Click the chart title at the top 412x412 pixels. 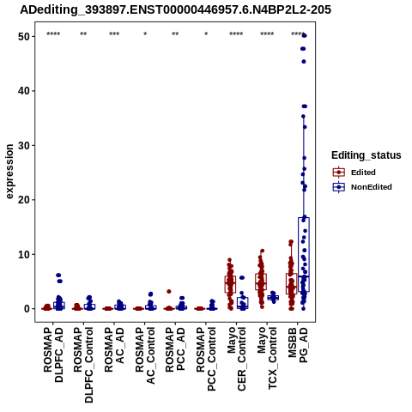[175, 9]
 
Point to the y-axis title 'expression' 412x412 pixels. [9, 172]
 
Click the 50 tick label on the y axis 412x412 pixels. [24, 37]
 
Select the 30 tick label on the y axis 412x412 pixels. [24, 145]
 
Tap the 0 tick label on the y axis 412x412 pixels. [27, 309]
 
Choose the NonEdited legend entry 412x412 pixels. [362, 187]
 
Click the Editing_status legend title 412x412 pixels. [366, 155]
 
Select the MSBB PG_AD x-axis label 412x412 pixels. [298, 345]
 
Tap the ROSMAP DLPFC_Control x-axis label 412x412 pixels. [83, 365]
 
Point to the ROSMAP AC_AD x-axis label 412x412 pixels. [114, 349]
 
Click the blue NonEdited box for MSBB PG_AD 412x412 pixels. [304, 255]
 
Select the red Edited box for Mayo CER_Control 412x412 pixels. [230, 284]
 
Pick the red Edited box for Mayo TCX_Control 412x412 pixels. [261, 282]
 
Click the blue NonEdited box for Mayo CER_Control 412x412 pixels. [243, 303]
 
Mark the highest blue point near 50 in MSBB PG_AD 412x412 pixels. [304, 35]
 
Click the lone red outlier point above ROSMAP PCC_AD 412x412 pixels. [169, 292]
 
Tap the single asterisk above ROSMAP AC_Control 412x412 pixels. [145, 33]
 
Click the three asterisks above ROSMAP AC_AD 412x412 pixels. [114, 33]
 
